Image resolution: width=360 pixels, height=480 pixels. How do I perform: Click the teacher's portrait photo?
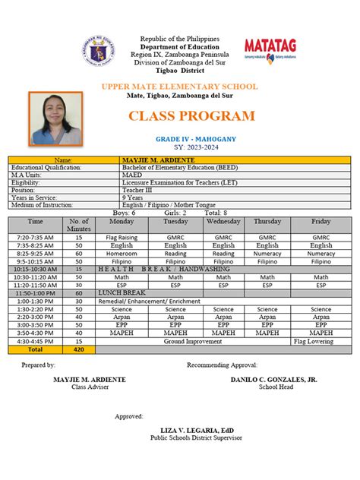click(x=55, y=118)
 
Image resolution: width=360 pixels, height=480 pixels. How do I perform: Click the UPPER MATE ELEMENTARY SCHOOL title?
click(x=185, y=87)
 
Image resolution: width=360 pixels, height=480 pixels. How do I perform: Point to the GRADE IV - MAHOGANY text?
click(x=185, y=139)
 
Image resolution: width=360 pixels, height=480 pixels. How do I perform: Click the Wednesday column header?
click(x=223, y=221)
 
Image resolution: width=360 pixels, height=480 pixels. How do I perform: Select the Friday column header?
click(x=321, y=221)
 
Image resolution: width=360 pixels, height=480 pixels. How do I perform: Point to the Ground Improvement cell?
click(x=203, y=341)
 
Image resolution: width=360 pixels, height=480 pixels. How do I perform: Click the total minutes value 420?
click(x=79, y=350)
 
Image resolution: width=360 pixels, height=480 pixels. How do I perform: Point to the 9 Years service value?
click(x=134, y=197)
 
